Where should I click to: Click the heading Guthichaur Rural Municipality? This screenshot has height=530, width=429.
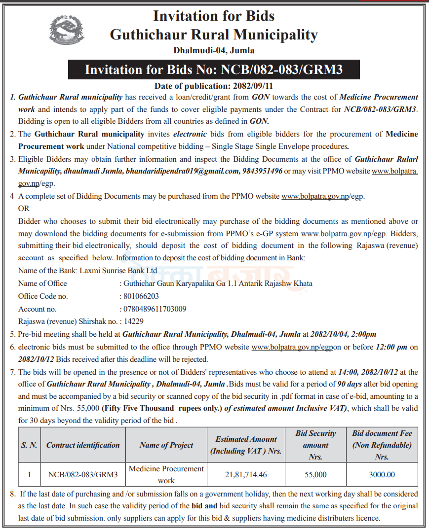214,35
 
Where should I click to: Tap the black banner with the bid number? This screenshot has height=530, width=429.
214,70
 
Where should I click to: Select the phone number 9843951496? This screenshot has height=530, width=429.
263,172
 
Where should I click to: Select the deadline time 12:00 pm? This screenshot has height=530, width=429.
391,347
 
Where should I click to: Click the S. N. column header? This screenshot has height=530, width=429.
29,445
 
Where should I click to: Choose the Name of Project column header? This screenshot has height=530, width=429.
166,445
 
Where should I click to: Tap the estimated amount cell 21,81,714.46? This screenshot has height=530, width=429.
246,474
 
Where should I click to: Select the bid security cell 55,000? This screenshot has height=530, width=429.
315,474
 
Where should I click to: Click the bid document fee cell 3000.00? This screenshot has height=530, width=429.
382,474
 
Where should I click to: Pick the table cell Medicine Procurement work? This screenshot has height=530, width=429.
166,474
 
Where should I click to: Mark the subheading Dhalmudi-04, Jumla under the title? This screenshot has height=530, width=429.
214,50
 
